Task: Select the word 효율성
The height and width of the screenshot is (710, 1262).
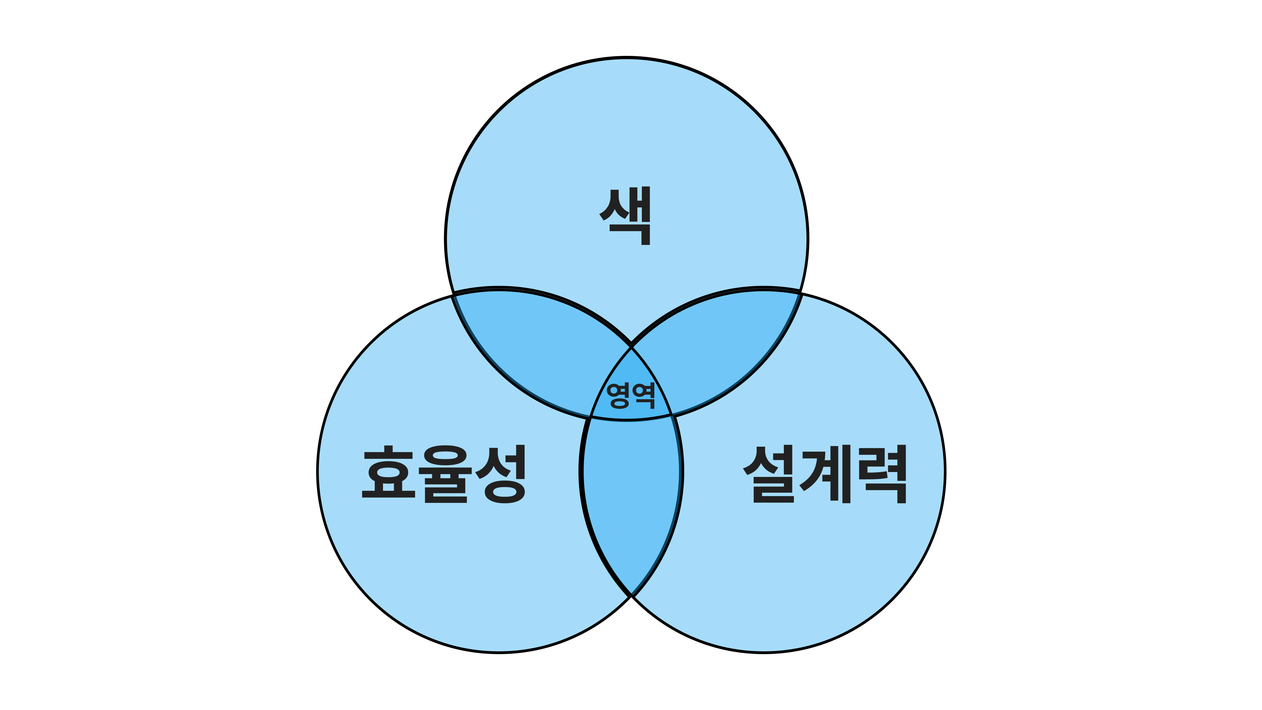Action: click(444, 474)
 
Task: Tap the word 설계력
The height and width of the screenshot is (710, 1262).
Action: click(825, 474)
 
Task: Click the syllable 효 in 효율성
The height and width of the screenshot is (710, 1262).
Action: click(388, 472)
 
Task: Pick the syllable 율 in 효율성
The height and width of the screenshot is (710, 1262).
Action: click(446, 474)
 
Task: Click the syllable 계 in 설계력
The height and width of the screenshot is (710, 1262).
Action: click(826, 474)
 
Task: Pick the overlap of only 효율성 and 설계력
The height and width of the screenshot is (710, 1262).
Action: click(631, 505)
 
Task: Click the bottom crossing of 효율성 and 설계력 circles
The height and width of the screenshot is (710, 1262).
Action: click(631, 596)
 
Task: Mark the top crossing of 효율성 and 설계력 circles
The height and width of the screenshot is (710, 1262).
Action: click(631, 346)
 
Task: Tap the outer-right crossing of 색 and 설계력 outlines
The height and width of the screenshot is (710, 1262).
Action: click(801, 294)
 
